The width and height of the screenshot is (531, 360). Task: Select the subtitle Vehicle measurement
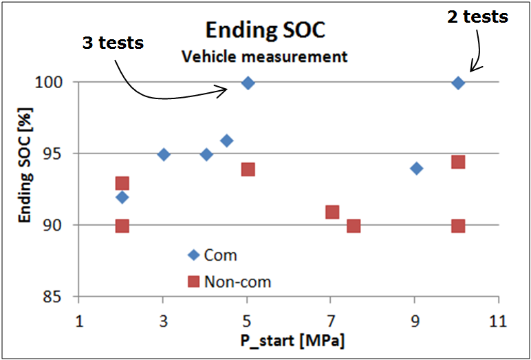click(x=265, y=56)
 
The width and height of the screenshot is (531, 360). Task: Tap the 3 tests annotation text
click(x=113, y=43)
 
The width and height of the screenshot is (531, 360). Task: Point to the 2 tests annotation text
click(x=477, y=17)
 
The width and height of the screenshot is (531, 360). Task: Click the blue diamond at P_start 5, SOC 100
click(x=248, y=83)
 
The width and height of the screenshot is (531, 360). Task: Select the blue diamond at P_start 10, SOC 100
click(x=458, y=83)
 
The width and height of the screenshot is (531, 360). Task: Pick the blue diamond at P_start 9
click(x=416, y=168)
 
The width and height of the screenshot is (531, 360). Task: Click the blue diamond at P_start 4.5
click(x=226, y=140)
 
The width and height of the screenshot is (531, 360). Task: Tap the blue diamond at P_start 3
click(x=163, y=154)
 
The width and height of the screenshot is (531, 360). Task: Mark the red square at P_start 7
click(x=332, y=211)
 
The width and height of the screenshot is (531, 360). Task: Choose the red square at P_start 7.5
click(x=354, y=226)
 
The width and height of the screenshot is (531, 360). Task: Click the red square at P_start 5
click(x=248, y=169)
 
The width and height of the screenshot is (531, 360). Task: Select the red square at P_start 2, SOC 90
click(x=122, y=226)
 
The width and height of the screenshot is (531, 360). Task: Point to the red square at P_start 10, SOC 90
click(x=458, y=226)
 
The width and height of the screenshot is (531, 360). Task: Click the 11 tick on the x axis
click(x=498, y=321)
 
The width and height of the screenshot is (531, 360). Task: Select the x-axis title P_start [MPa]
click(x=292, y=341)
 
